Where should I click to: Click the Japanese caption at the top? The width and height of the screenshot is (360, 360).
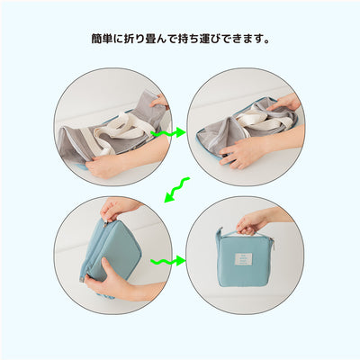(x=180, y=40)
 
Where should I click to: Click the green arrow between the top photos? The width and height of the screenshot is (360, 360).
(x=168, y=133)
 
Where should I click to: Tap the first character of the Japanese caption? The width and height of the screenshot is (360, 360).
(x=96, y=40)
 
